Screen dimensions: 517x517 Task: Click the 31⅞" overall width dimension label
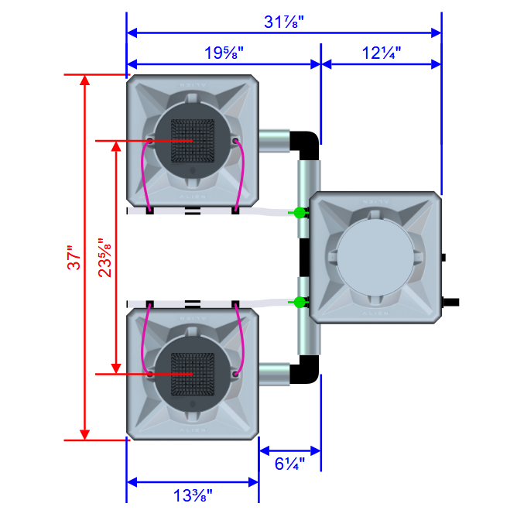[x=283, y=22]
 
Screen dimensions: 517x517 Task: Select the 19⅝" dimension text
[x=224, y=53]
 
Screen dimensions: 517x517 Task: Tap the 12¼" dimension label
[x=380, y=53]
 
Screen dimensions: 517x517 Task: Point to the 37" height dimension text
[x=73, y=258]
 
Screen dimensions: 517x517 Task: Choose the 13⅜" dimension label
[x=192, y=494]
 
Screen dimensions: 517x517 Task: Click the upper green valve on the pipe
[x=298, y=212]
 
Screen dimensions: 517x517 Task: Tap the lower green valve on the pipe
[x=298, y=302]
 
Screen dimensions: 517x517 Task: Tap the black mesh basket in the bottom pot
[x=192, y=373]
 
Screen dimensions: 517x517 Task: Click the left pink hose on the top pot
[x=142, y=174]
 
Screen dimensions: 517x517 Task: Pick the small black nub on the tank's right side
[x=444, y=256]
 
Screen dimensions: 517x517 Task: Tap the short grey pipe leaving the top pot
[x=274, y=141]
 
